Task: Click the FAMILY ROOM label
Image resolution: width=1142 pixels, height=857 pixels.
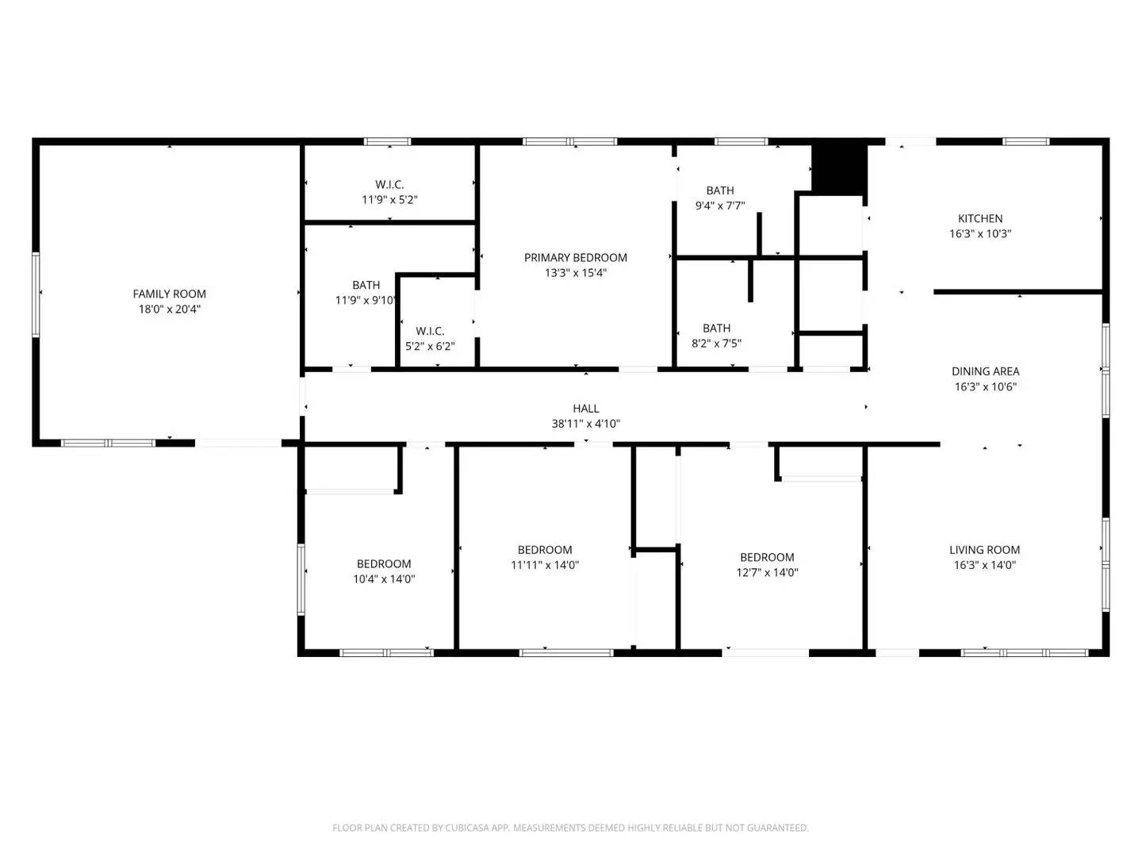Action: tap(169, 294)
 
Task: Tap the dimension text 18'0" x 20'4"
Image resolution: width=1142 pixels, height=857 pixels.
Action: tap(169, 309)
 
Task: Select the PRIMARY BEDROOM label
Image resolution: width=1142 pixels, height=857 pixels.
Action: tap(575, 257)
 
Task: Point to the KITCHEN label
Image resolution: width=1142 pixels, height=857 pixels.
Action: tap(980, 218)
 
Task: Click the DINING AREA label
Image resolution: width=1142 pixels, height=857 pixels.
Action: tap(985, 371)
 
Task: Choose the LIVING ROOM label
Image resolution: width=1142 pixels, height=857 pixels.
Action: tap(984, 550)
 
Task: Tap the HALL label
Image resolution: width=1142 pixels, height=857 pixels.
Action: tap(586, 409)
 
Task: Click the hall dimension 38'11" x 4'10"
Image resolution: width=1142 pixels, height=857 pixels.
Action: tap(586, 424)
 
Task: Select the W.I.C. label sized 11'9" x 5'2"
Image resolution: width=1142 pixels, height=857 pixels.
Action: tap(389, 184)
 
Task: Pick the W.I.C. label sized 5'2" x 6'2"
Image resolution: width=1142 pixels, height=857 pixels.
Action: tap(430, 331)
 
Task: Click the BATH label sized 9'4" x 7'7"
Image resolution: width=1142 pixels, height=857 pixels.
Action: tap(720, 190)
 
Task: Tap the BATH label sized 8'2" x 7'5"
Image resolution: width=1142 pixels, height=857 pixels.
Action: tap(716, 328)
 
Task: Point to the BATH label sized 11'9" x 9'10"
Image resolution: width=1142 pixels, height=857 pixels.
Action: tap(366, 285)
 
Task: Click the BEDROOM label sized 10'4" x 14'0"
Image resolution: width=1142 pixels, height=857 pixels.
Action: tap(384, 564)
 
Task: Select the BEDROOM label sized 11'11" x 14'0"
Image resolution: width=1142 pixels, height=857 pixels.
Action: tap(545, 550)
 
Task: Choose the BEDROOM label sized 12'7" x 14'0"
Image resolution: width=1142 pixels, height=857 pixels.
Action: tap(767, 557)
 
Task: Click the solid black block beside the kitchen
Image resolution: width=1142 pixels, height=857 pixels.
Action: tap(839, 167)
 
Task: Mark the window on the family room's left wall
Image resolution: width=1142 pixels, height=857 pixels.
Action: tap(36, 294)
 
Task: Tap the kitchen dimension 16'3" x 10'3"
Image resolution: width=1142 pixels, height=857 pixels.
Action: tap(980, 234)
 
